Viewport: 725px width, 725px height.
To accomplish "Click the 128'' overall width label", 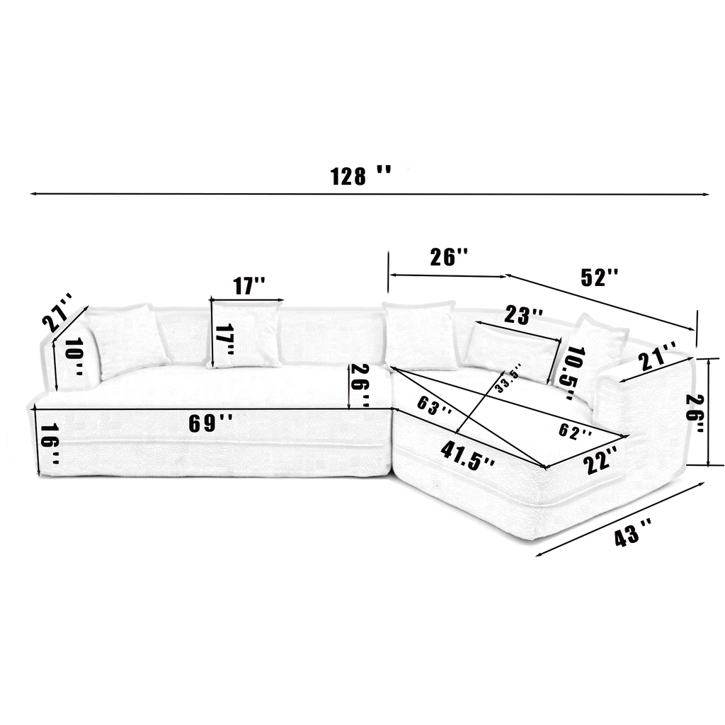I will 360,175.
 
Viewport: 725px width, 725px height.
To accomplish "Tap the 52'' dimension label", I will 600,278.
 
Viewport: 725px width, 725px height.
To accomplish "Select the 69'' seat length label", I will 210,423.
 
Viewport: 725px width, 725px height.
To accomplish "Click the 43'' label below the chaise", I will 633,532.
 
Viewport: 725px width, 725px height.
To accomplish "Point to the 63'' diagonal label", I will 434,407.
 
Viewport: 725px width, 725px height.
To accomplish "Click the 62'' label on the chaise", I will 573,430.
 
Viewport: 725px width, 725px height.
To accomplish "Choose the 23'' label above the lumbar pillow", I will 524,315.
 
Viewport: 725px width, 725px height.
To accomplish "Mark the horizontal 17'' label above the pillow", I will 249,286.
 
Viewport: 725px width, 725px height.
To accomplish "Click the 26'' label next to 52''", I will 449,256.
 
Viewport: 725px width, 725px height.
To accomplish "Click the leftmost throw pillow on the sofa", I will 127,340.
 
